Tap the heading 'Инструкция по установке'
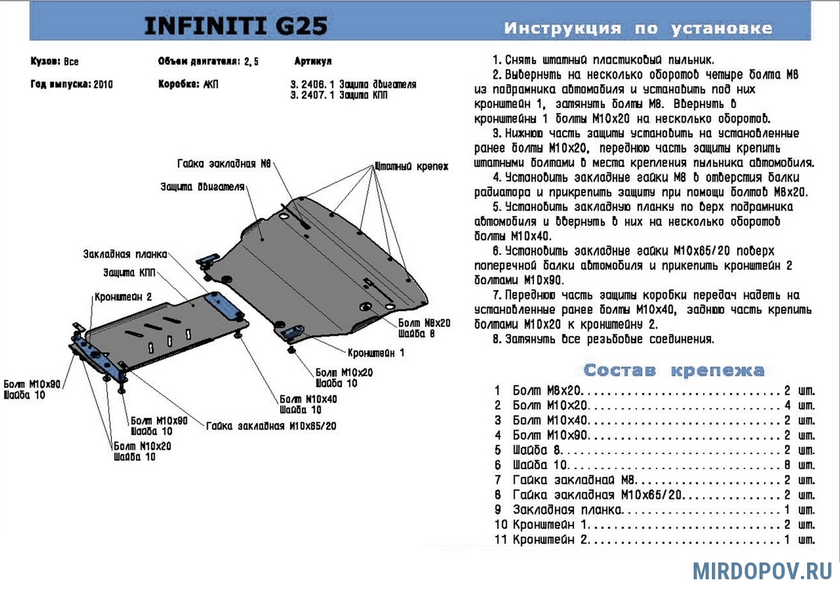(x=638, y=29)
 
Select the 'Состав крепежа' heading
(x=673, y=370)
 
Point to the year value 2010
(x=102, y=84)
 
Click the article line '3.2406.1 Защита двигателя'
(x=353, y=84)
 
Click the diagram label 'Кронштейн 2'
(x=123, y=296)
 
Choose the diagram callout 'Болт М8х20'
(x=425, y=323)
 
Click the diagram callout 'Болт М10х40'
(x=308, y=399)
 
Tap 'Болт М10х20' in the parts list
(x=550, y=405)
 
